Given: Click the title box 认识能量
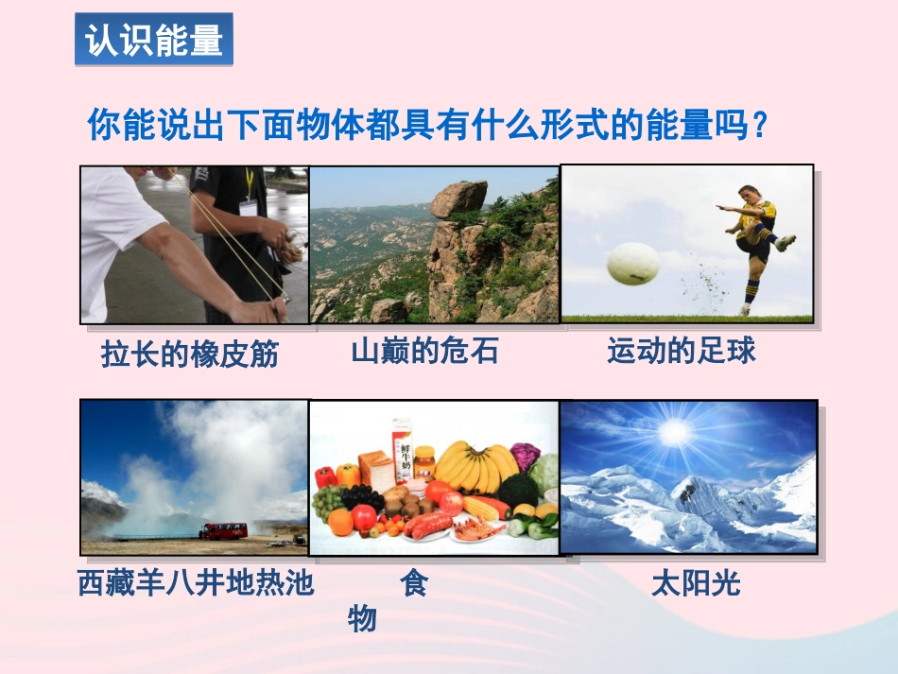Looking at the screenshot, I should coord(154,42).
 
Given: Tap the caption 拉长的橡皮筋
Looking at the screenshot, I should coord(190,354).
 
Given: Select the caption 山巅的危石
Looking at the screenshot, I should coord(424,352).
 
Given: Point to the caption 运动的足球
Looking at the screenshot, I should coord(681,352).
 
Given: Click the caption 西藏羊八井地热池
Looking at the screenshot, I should coord(196,583).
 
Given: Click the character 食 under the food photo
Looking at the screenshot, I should coord(414,583).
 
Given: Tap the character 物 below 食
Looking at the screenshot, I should coord(363,619).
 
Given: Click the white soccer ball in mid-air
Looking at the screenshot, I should coord(632,263).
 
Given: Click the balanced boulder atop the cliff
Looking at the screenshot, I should coord(458,199).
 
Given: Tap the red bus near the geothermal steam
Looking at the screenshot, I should coord(223,530).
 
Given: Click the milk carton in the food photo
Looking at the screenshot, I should coord(402,449).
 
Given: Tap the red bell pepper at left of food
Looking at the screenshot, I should coord(325,477).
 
